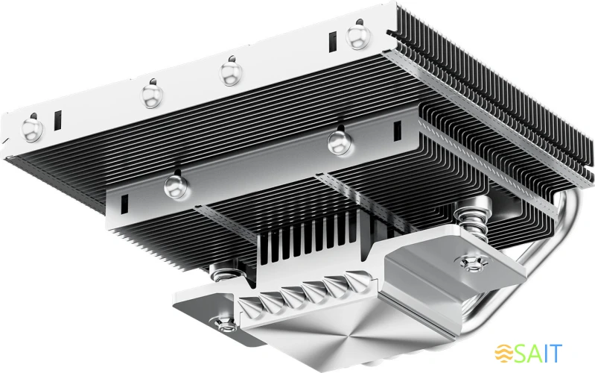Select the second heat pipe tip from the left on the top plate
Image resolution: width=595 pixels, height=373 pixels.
(152, 93)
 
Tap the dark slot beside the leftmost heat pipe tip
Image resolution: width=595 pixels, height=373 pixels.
(57, 119)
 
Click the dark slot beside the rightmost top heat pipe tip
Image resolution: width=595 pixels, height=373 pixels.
(331, 41)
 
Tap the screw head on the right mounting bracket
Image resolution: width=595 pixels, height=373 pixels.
(471, 263)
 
